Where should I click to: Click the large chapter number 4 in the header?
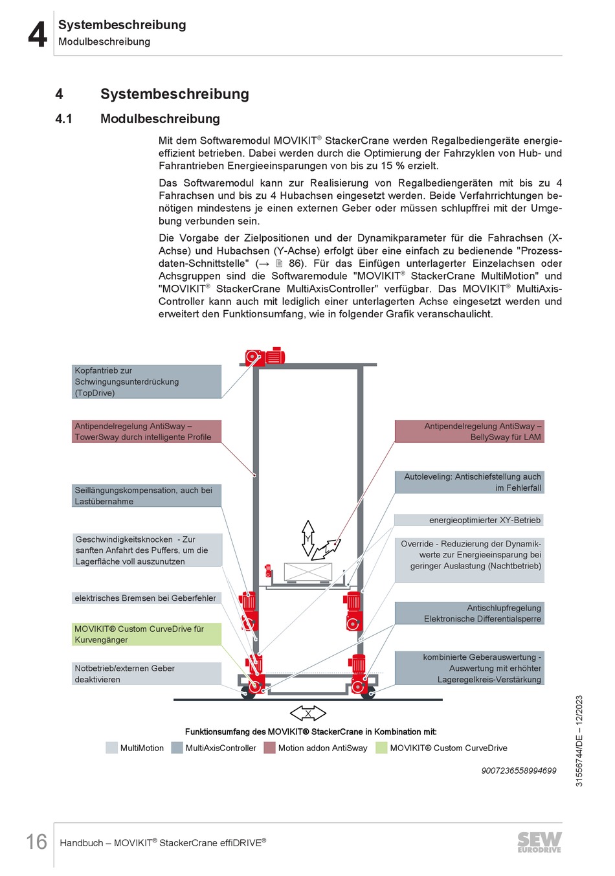(38, 34)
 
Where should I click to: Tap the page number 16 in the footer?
(36, 841)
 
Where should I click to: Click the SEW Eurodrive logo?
(539, 842)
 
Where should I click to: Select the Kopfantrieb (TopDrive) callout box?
(146, 381)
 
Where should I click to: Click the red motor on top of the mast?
(265, 357)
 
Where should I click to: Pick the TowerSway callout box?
(146, 431)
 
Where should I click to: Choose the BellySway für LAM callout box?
(469, 431)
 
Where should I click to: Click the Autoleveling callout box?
(469, 482)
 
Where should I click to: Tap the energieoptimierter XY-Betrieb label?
(469, 520)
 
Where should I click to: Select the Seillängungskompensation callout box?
(146, 495)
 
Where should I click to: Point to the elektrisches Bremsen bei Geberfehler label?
(146, 598)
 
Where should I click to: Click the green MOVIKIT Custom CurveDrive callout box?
(146, 634)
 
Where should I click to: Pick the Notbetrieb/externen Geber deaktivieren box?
(146, 673)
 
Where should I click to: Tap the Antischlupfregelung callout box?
(469, 613)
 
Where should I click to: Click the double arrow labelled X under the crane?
(308, 713)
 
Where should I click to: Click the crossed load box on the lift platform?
(308, 572)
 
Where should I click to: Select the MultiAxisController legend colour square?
(177, 748)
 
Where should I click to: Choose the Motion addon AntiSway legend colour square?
(269, 748)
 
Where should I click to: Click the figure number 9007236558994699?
(519, 770)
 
